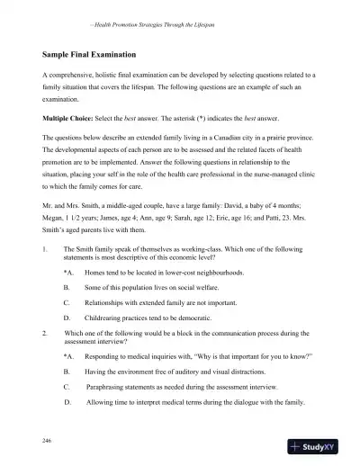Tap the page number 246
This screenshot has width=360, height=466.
tap(46, 441)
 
